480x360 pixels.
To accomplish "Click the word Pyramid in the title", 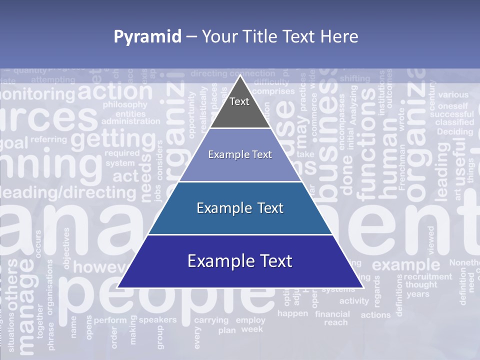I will click(x=147, y=36).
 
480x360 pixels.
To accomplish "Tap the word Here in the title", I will click(x=340, y=36).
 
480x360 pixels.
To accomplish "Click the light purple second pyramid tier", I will click(x=240, y=155).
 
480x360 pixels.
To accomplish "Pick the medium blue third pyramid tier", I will click(x=240, y=208).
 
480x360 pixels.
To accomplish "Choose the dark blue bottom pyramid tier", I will click(x=240, y=261).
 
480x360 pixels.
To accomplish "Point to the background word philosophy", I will click(x=125, y=105).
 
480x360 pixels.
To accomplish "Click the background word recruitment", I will click(x=427, y=276).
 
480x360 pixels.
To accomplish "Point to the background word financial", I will click(x=332, y=314).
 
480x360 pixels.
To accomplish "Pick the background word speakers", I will click(x=157, y=319).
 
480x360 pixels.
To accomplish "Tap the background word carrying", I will click(x=211, y=320).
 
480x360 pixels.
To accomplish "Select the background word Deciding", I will click(x=454, y=131).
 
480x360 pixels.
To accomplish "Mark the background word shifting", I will click(x=355, y=78).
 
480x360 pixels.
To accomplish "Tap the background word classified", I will click(x=454, y=122).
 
